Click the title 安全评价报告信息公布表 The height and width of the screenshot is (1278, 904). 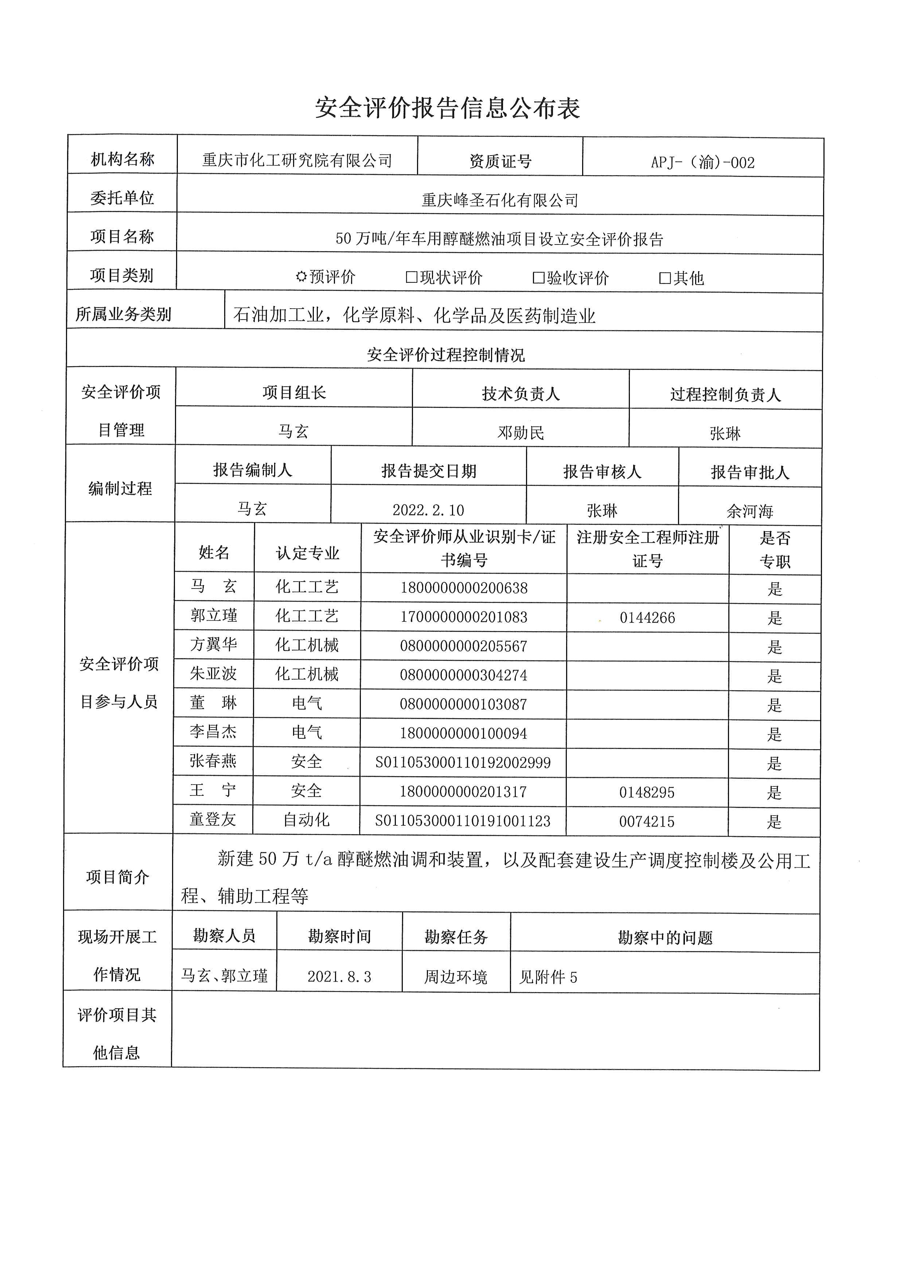coord(448,108)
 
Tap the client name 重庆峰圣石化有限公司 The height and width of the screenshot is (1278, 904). coord(499,200)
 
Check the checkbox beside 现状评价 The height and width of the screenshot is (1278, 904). coord(412,277)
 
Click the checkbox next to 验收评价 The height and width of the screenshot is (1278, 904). coord(538,278)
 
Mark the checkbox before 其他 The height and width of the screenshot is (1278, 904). coord(665,278)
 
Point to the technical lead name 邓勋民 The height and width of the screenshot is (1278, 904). coord(521,433)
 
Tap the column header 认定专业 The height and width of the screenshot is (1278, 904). coord(307,553)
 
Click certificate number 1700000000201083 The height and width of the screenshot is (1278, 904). coord(464,617)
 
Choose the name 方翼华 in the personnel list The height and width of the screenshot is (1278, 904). coord(214,645)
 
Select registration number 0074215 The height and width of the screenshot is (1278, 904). coord(646,821)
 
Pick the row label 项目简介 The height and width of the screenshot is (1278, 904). coord(117,877)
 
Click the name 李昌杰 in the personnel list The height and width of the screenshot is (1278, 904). coord(213,731)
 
